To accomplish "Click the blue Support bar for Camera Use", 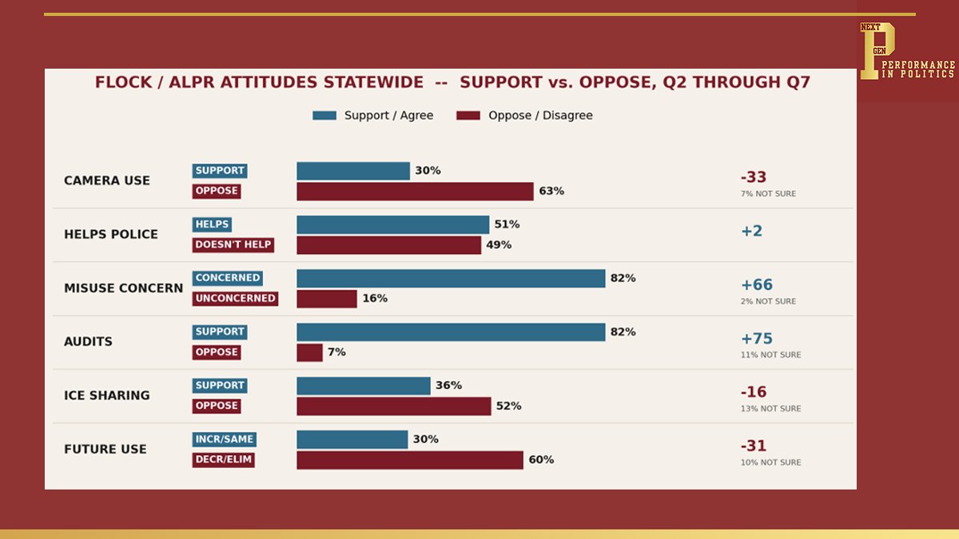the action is pos(353,171).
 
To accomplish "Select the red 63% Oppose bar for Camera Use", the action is pos(416,191).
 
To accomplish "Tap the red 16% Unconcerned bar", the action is pos(327,299).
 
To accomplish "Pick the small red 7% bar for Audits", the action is pos(309,352).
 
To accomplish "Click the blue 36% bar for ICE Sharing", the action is pos(364,386).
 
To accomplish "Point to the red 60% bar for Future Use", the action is pos(410,460).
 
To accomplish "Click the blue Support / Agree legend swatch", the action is pos(324,116).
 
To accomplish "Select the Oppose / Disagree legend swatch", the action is pos(468,116).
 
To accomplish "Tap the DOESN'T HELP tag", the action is pos(233,244).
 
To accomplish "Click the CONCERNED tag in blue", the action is pos(227,278).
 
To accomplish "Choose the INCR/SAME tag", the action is pos(225,439).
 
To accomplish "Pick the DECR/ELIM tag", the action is pos(224,460).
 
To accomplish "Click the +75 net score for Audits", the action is pos(757,339).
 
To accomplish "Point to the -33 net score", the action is pos(754,177).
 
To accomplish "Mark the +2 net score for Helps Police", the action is pos(752,231).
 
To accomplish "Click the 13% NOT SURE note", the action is pos(770,409).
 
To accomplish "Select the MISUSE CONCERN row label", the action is pos(123,288).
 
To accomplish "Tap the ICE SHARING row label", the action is pos(107,395).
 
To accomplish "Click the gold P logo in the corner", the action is pos(877,50).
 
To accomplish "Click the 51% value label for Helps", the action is pos(507,224).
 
